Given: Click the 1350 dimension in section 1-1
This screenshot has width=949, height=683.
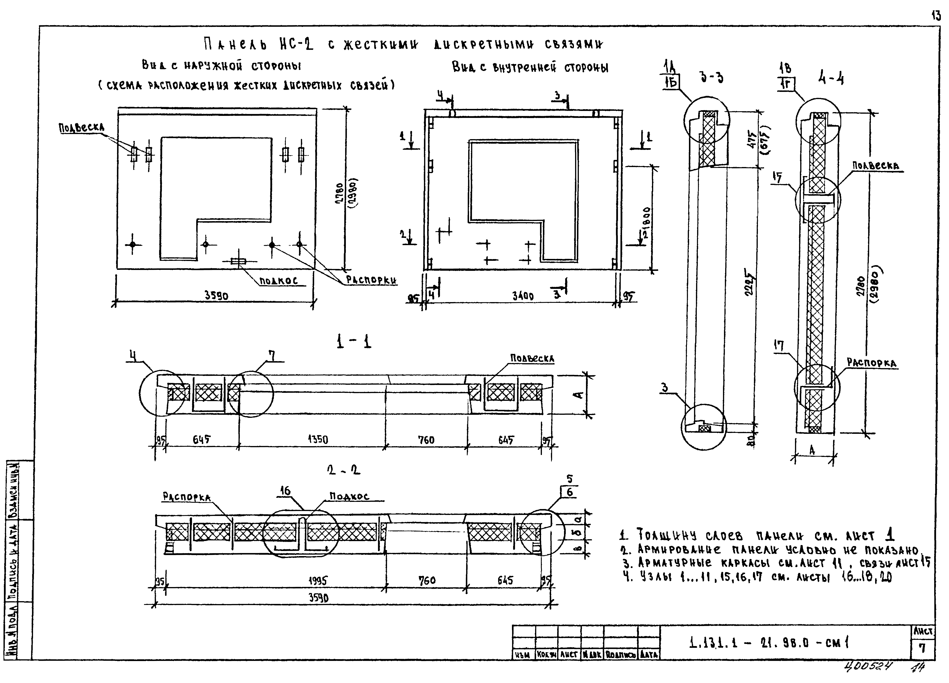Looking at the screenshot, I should [x=318, y=440].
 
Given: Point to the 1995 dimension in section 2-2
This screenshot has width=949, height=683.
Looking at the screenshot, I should [x=318, y=581].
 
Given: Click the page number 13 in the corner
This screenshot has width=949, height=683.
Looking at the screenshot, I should [x=936, y=16].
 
